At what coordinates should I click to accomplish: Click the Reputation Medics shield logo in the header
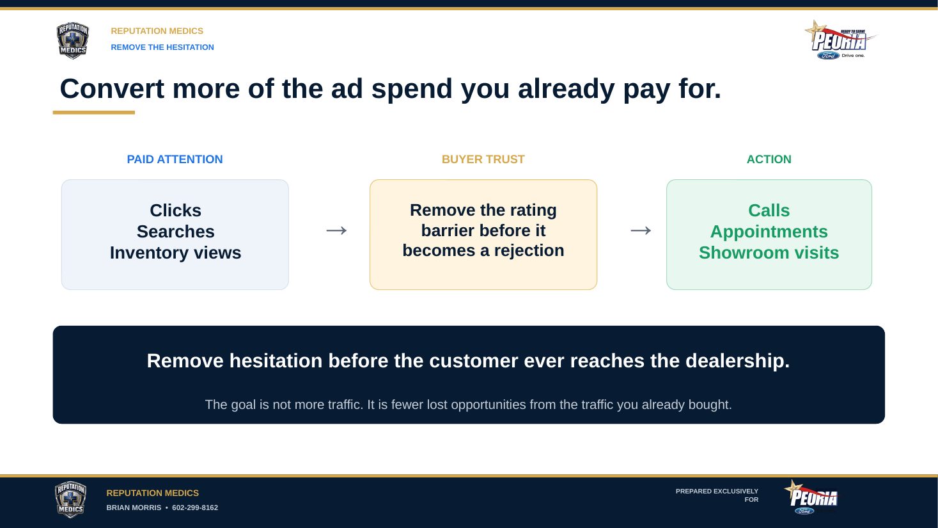pyautogui.click(x=72, y=40)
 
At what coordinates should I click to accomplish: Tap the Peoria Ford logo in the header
pyautogui.click(x=840, y=40)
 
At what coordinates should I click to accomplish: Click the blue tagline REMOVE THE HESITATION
pyautogui.click(x=162, y=47)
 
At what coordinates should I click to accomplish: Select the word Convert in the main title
pyautogui.click(x=112, y=89)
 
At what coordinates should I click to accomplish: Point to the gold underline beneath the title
pyautogui.click(x=94, y=112)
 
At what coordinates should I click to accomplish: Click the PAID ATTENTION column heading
pyautogui.click(x=175, y=159)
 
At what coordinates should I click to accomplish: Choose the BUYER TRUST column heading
pyautogui.click(x=483, y=159)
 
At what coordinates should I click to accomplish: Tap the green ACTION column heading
pyautogui.click(x=769, y=159)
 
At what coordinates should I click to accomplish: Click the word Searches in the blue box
pyautogui.click(x=175, y=231)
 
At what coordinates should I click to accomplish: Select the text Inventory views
pyautogui.click(x=175, y=253)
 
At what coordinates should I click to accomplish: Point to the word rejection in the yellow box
pyautogui.click(x=529, y=251)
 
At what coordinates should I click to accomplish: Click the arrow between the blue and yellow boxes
pyautogui.click(x=337, y=230)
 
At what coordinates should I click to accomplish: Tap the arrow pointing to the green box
pyautogui.click(x=641, y=230)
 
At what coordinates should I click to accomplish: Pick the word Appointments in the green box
pyautogui.click(x=769, y=232)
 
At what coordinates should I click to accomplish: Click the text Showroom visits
pyautogui.click(x=769, y=253)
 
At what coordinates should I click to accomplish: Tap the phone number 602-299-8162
pyautogui.click(x=195, y=508)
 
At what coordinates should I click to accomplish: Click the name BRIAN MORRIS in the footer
pyautogui.click(x=134, y=508)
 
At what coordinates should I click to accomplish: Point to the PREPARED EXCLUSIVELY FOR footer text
pyautogui.click(x=717, y=495)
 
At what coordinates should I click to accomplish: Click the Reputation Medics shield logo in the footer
pyautogui.click(x=70, y=499)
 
